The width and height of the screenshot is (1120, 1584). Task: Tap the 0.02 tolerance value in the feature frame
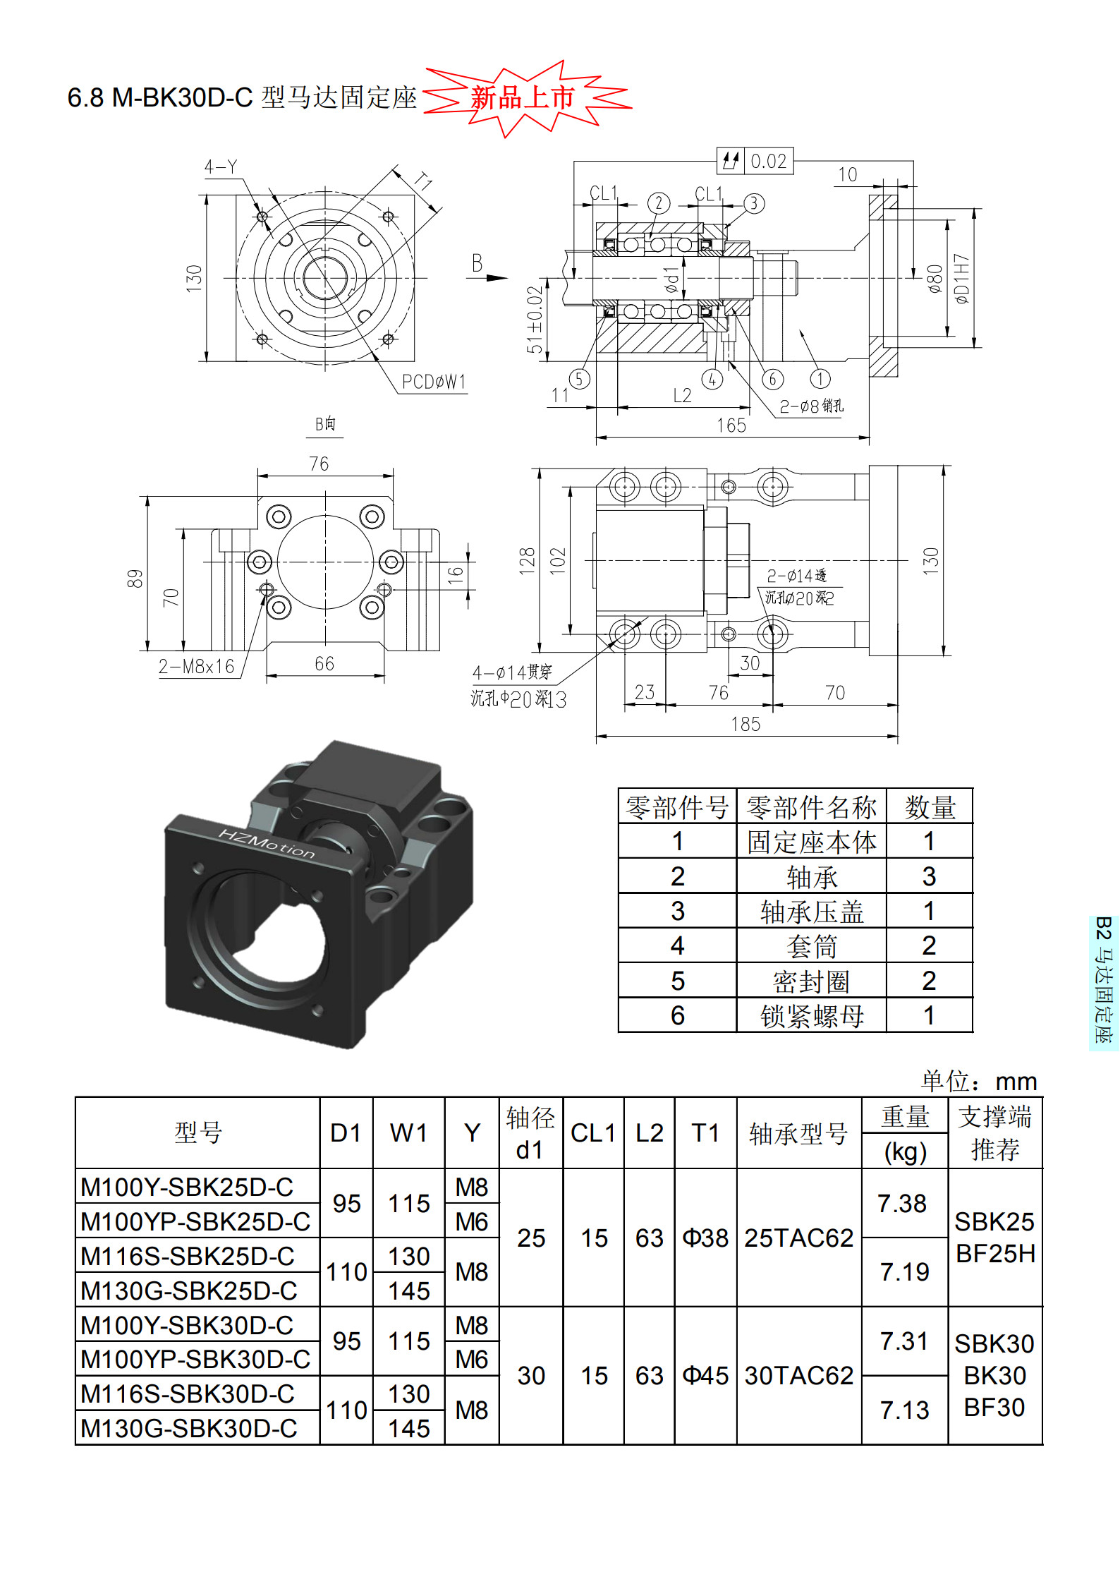(768, 162)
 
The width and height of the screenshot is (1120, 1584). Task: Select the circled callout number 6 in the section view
(772, 379)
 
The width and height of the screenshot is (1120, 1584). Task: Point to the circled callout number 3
(753, 204)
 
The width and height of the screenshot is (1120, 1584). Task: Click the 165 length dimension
(731, 425)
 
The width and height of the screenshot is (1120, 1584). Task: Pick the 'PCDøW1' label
(434, 382)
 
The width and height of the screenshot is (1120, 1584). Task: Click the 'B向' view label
(325, 424)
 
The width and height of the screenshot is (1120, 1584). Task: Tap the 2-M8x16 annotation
(196, 667)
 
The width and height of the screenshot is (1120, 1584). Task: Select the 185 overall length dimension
(745, 724)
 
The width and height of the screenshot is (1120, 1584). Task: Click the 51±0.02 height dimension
(535, 320)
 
